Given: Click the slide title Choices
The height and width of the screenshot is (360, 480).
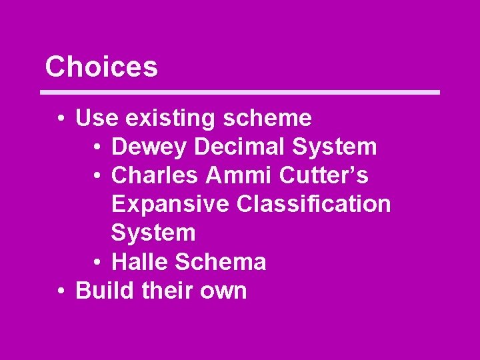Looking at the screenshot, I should pos(101,67).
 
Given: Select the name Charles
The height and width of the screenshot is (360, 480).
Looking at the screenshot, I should pos(155,175).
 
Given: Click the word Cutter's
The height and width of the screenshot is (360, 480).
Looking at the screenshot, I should pos(324,175).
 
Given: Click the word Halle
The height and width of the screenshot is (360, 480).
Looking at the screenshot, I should pos(139,262).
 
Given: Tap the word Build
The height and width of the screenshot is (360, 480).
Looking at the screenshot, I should pos(101,291).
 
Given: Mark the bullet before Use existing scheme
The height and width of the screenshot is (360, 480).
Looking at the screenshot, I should pos(61,119).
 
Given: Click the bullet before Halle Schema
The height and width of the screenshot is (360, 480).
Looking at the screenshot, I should pos(97,263).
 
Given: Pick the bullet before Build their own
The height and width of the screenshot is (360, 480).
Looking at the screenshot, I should pos(61,291).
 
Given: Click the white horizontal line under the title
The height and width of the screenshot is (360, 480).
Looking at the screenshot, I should pos(240,92).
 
